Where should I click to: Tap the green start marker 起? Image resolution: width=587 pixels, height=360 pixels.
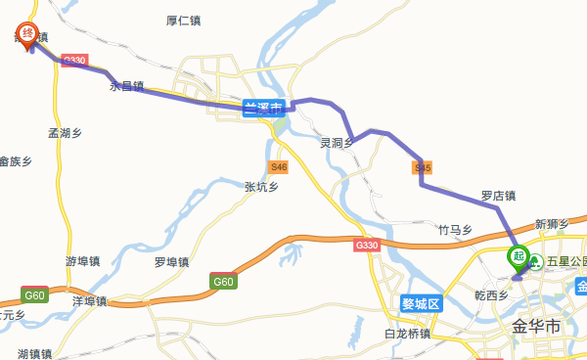point(519,257)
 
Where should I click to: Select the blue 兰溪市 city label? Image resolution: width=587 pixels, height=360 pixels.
point(263,107)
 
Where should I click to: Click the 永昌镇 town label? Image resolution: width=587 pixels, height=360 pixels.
point(126,86)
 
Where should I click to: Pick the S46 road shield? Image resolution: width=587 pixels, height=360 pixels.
point(279,167)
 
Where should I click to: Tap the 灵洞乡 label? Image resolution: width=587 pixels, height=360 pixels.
point(337,143)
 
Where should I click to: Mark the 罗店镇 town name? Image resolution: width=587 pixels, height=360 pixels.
point(498,196)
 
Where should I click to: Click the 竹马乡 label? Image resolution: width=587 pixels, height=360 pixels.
point(455,230)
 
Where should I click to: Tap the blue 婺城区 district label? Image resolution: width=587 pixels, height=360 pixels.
point(423,303)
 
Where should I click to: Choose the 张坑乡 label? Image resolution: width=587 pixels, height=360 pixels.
point(261,186)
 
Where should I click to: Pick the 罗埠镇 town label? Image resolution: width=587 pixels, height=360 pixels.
point(171,261)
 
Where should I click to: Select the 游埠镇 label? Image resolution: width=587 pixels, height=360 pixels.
point(83,261)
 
